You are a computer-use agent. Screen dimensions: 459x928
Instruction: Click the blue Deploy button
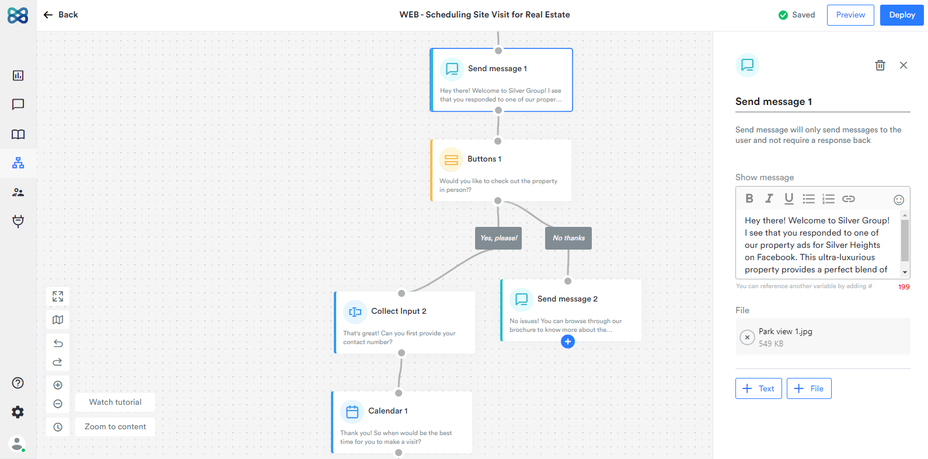pyautogui.click(x=901, y=15)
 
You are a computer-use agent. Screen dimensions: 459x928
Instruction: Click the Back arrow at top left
pyautogui.click(x=48, y=15)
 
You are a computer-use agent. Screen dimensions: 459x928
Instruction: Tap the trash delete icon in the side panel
pyautogui.click(x=880, y=65)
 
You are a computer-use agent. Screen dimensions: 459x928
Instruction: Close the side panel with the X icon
pyautogui.click(x=903, y=65)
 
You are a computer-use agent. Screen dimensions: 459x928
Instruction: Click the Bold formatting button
pyautogui.click(x=749, y=198)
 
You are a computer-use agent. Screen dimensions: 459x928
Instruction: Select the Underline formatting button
pyautogui.click(x=789, y=198)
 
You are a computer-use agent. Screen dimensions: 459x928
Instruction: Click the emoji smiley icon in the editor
pyautogui.click(x=899, y=199)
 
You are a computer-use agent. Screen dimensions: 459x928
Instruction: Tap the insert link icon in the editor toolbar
pyautogui.click(x=849, y=199)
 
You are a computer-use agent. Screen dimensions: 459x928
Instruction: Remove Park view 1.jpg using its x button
pyautogui.click(x=747, y=337)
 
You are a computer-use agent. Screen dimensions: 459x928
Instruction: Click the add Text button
pyautogui.click(x=759, y=388)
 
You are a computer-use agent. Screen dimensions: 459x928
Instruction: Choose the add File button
pyautogui.click(x=808, y=388)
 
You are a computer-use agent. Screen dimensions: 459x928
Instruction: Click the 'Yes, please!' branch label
pyautogui.click(x=498, y=238)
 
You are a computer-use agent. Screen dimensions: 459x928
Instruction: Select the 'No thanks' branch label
pyautogui.click(x=568, y=238)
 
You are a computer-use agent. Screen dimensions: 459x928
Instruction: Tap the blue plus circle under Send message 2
pyautogui.click(x=568, y=342)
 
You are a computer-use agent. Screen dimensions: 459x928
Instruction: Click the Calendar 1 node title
pyautogui.click(x=388, y=411)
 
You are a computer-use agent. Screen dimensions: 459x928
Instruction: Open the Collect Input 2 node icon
pyautogui.click(x=355, y=312)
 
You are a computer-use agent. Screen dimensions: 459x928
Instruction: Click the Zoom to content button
pyautogui.click(x=115, y=427)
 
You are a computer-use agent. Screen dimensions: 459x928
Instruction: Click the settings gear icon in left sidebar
pyautogui.click(x=18, y=412)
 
